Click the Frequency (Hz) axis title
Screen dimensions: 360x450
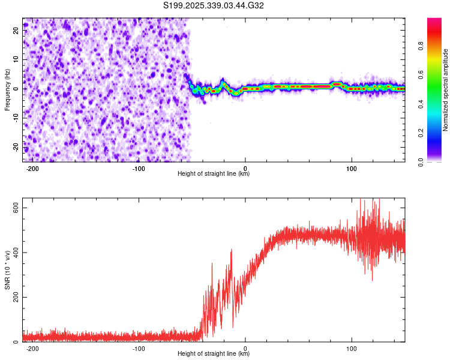pos(7,90)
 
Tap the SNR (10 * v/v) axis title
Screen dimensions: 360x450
pos(7,270)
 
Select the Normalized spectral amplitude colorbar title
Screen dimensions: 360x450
pos(445,90)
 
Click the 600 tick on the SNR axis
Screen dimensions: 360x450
pos(17,207)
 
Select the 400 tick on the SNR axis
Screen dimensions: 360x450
pos(17,252)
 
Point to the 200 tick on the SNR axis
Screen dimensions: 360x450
pos(17,297)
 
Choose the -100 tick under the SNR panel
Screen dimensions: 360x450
pos(139,347)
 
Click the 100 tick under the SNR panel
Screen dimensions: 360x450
pos(352,347)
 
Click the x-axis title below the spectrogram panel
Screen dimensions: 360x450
pos(214,174)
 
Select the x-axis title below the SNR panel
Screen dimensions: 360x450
pos(214,354)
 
